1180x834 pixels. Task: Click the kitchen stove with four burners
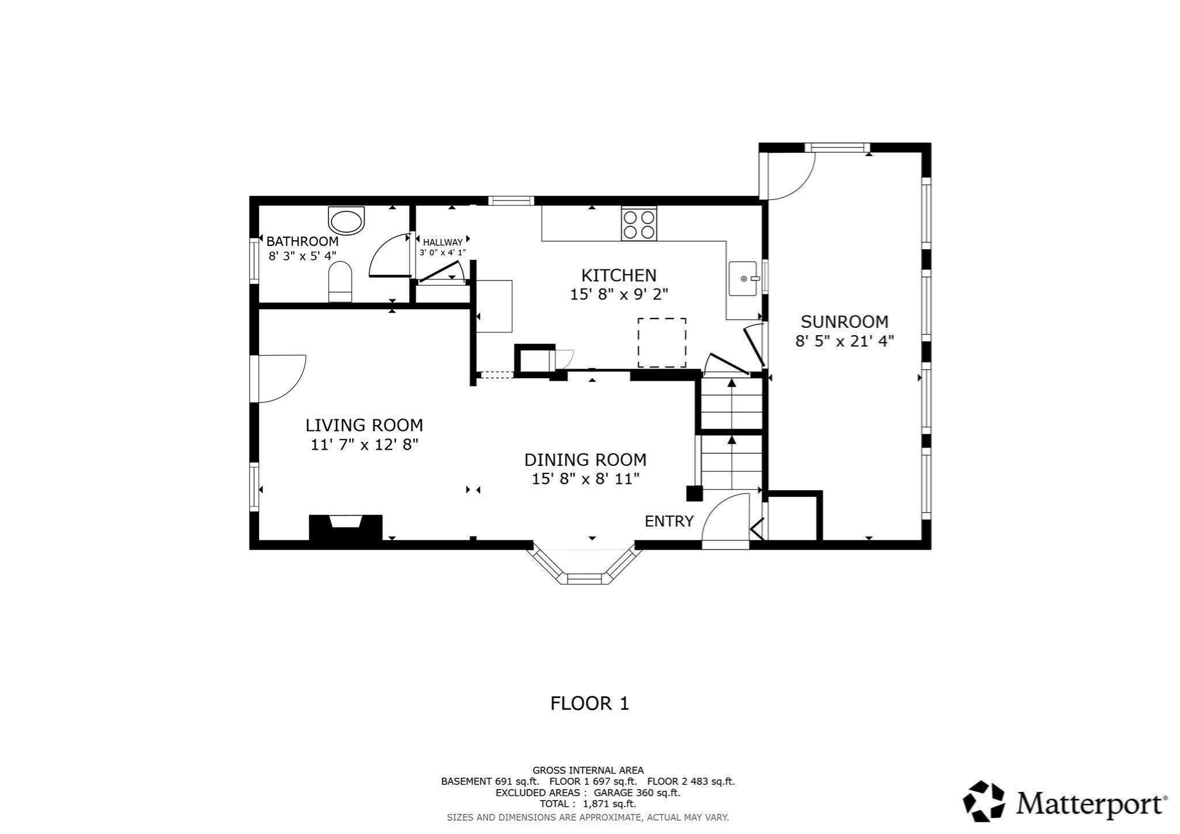(x=639, y=224)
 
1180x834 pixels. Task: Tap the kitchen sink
(x=743, y=279)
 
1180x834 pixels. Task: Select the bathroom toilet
(x=340, y=282)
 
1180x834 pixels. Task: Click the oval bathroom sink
(x=346, y=221)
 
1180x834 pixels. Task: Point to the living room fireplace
(x=346, y=527)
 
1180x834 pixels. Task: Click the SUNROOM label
(x=844, y=321)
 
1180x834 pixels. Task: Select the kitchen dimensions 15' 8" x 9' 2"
(x=619, y=294)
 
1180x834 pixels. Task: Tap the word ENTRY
(x=668, y=521)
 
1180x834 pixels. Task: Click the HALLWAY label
(x=442, y=242)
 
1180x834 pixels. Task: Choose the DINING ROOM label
(x=585, y=460)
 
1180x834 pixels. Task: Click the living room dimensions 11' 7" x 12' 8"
(x=364, y=445)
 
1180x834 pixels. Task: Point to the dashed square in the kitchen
(x=661, y=343)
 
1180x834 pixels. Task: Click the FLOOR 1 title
(x=589, y=703)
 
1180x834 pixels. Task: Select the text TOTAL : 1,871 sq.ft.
(x=588, y=803)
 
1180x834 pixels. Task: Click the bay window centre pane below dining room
(x=584, y=578)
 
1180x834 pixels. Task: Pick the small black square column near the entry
(x=694, y=494)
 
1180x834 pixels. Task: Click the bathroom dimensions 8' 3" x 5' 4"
(x=302, y=256)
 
